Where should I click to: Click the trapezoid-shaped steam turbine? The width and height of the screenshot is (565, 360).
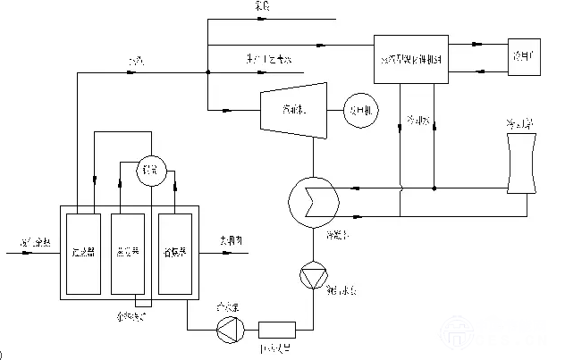283,111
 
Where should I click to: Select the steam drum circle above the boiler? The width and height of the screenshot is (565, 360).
148,169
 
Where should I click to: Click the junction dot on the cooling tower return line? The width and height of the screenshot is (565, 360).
434,188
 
